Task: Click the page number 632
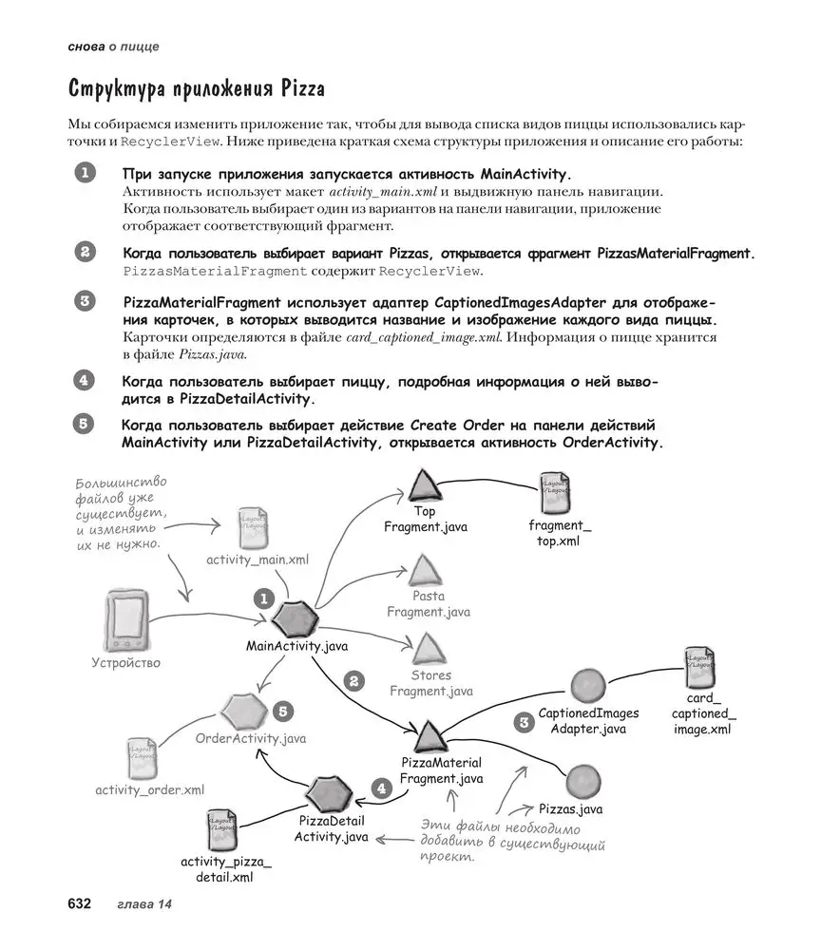(x=78, y=903)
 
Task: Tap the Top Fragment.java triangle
(x=424, y=485)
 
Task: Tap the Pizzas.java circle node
(x=582, y=782)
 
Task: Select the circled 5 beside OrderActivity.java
(x=282, y=711)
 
